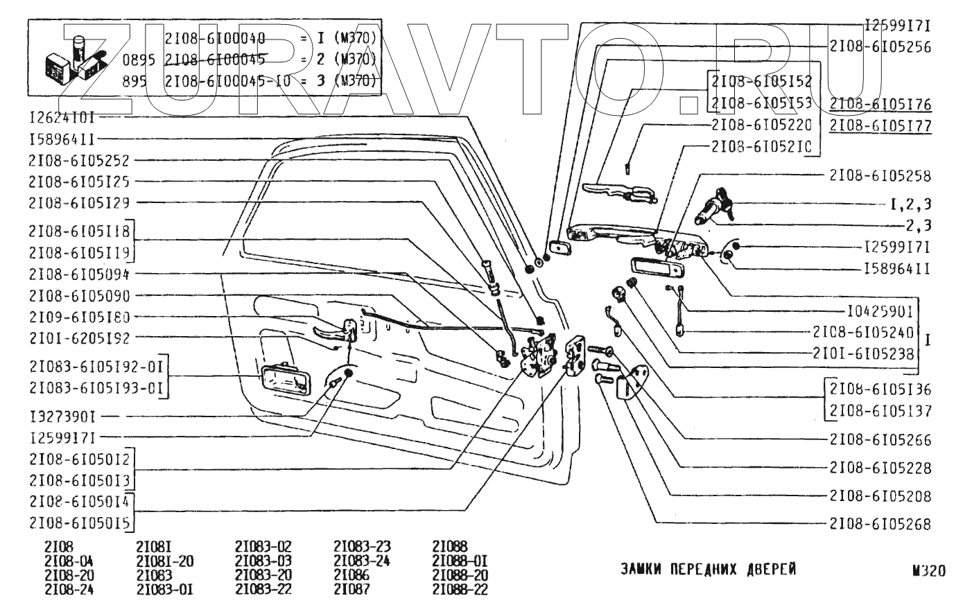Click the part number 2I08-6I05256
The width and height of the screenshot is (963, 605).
coord(880,47)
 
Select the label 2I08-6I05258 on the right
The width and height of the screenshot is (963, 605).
coord(880,176)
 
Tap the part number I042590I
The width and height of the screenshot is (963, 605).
coord(879,310)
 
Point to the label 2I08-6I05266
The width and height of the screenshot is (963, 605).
coord(880,440)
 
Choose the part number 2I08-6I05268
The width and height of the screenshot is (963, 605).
coord(880,524)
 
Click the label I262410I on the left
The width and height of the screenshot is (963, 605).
coord(67,118)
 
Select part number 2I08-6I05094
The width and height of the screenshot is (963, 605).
coord(79,273)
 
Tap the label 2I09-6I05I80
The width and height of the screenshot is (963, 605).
coord(79,317)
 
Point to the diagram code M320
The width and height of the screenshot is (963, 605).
coord(929,572)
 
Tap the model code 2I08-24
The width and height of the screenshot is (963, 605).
coord(69,590)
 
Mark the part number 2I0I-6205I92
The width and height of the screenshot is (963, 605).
coord(79,338)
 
